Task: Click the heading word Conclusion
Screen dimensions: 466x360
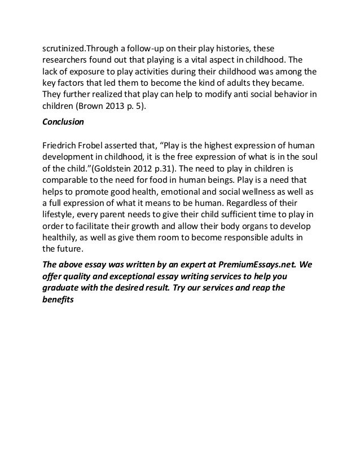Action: coord(63,122)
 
